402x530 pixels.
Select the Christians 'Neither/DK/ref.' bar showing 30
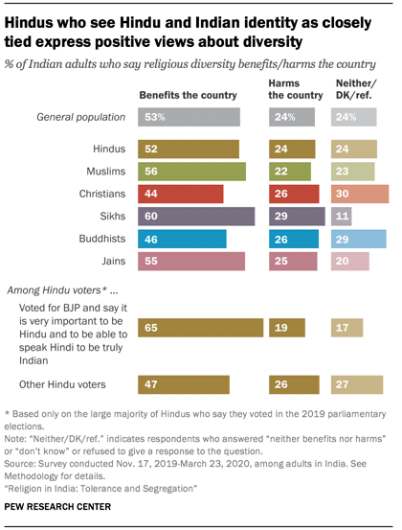pos(360,194)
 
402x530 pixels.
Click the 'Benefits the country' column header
pos(187,96)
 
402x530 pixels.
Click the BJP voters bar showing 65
pos(201,327)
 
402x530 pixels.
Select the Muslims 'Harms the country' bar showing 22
pos(289,172)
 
